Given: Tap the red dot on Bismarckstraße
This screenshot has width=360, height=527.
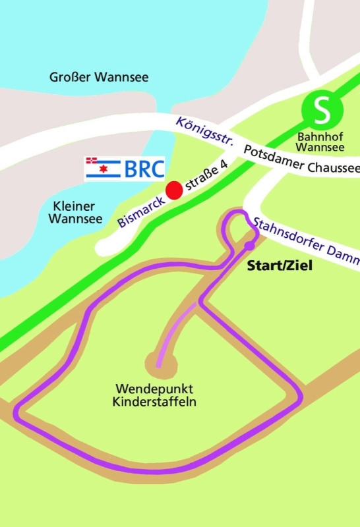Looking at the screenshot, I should [x=173, y=190].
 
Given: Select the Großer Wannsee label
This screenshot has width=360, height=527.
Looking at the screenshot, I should [x=99, y=78].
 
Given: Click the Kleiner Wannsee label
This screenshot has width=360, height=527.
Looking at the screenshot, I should [x=75, y=212].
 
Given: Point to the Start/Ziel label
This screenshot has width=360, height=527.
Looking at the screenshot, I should [x=279, y=267].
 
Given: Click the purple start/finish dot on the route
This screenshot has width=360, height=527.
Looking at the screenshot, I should [x=249, y=246].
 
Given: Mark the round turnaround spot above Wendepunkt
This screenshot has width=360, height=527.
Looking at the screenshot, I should [x=159, y=361].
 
